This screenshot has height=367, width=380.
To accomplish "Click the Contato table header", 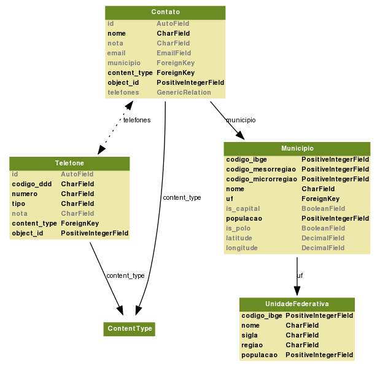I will tap(165, 12).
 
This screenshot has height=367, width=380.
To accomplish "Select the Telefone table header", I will tap(69, 163).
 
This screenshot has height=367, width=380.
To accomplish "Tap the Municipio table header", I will tap(297, 148).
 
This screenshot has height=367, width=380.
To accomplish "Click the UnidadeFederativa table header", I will tap(297, 304).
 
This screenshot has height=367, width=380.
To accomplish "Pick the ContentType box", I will tap(130, 329).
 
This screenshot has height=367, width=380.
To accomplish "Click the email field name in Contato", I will tap(117, 53).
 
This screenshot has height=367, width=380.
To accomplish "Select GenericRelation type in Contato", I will tap(184, 93).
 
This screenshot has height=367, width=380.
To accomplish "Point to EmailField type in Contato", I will tap(174, 53).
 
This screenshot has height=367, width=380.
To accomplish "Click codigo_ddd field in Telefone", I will tap(31, 184).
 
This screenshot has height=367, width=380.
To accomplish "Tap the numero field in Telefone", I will tap(25, 194).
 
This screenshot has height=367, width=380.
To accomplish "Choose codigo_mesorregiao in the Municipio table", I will tap(262, 169).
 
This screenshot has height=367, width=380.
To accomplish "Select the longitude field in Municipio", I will tap(242, 248).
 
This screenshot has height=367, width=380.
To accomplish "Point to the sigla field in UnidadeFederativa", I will tap(250, 335).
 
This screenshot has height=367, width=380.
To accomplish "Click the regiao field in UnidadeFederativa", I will tap(252, 345).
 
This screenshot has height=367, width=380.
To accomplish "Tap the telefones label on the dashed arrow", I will tap(137, 120).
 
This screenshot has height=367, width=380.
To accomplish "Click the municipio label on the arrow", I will tap(241, 120).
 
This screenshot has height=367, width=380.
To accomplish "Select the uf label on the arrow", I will tap(300, 275).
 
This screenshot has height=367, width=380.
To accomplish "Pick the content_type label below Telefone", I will tap(126, 275).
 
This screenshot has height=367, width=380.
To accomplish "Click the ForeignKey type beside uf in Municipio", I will tap(320, 199).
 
